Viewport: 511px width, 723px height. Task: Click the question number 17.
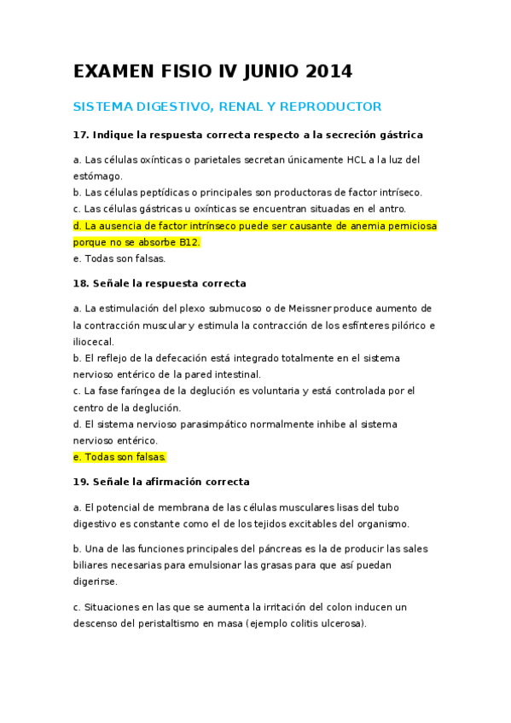click(x=80, y=135)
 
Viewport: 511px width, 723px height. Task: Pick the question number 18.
click(x=80, y=283)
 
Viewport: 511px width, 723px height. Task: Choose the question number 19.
click(x=80, y=482)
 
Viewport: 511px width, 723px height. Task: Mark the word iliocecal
click(x=93, y=341)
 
